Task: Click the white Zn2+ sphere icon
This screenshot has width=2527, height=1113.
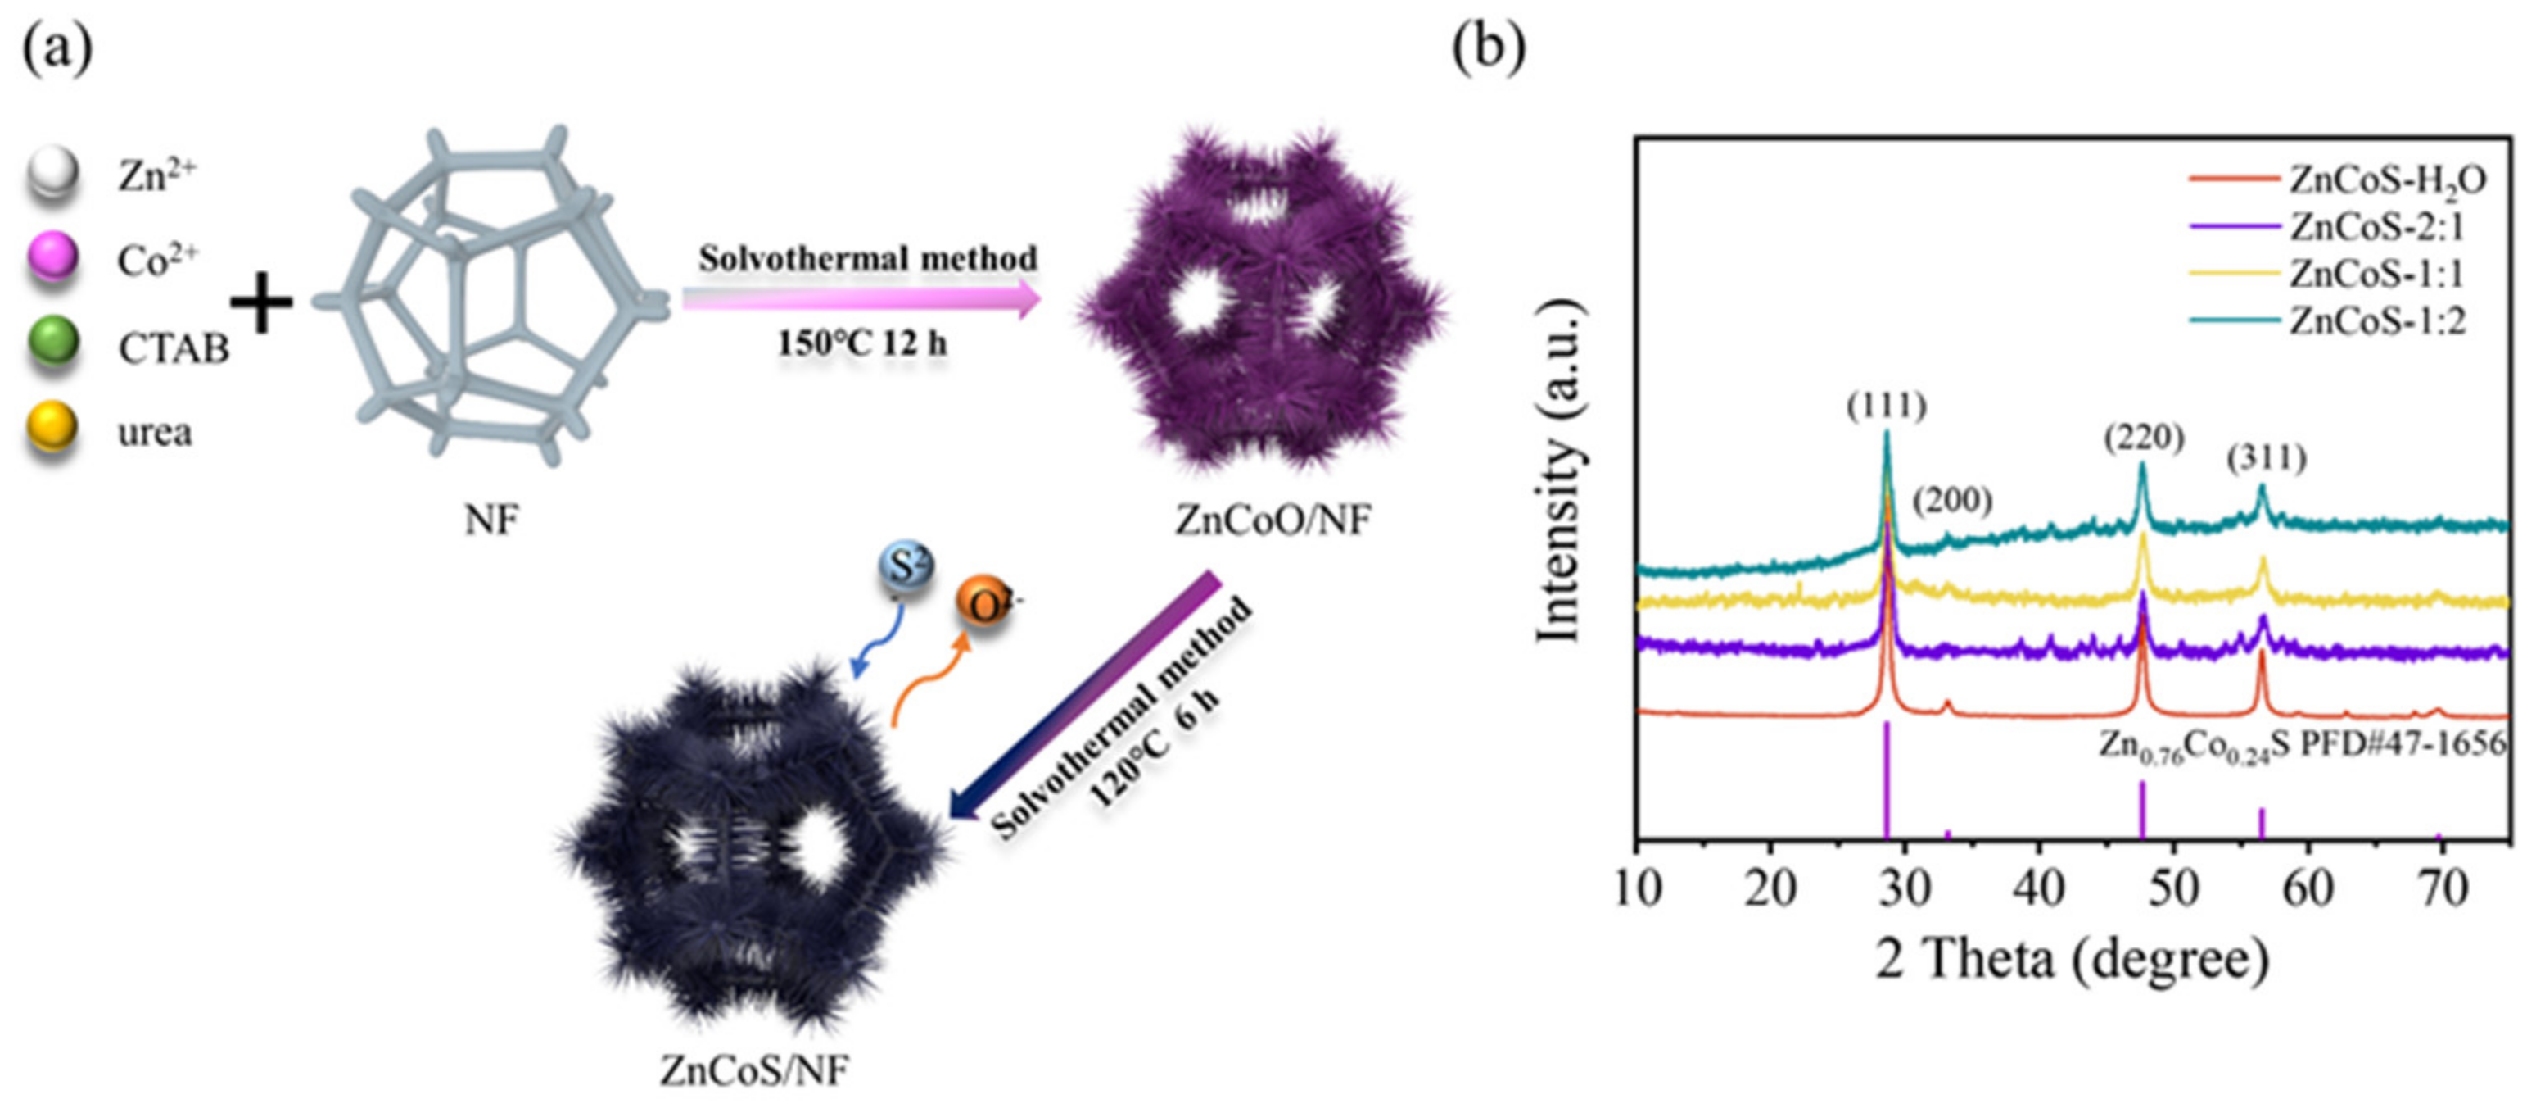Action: click(52, 175)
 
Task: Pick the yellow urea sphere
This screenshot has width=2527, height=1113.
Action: click(52, 428)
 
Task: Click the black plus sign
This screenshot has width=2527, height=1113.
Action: click(261, 302)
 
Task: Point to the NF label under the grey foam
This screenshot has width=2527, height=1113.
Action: click(490, 519)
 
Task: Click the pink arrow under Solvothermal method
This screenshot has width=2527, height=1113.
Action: click(861, 299)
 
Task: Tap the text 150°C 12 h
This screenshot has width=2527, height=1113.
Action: click(861, 343)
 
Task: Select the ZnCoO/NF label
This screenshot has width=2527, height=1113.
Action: click(1273, 519)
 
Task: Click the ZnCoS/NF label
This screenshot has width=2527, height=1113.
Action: click(753, 1069)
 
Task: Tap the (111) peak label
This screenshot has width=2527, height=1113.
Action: click(1887, 406)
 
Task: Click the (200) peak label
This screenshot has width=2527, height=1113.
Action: click(1952, 501)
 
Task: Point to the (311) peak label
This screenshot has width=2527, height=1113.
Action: click(2266, 457)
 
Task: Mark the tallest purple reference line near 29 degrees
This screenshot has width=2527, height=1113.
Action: click(1887, 780)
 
